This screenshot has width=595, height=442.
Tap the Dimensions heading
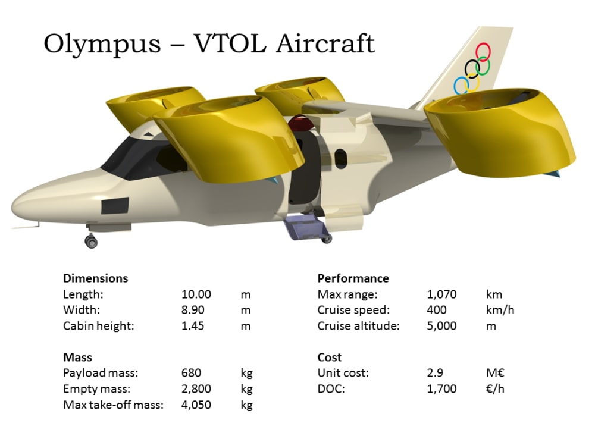tap(95, 278)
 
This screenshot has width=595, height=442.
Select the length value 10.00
tap(196, 294)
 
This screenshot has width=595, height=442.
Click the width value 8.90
tap(193, 311)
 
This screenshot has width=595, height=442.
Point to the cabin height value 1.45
tap(193, 326)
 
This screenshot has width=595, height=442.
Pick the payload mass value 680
tap(191, 374)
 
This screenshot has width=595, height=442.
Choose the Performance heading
tap(353, 278)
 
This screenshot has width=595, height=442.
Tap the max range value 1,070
tap(441, 294)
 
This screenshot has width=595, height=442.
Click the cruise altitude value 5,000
tap(442, 326)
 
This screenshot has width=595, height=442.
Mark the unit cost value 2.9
tap(434, 374)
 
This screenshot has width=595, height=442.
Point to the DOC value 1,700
tap(442, 389)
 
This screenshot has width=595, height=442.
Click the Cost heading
tap(330, 358)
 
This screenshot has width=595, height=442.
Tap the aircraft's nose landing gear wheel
tap(92, 241)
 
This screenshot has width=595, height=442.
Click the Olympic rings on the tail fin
tap(473, 68)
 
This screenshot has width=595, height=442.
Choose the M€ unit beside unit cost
tap(494, 374)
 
